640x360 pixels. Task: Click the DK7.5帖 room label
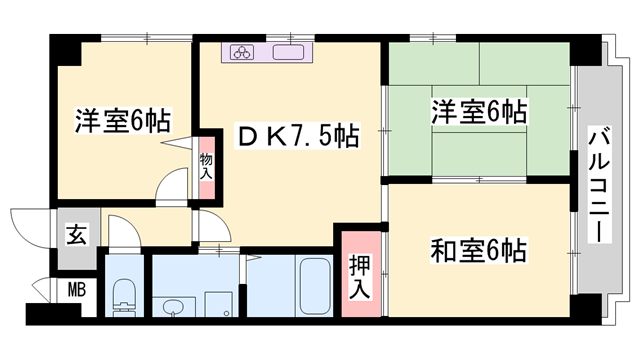coord(298,136)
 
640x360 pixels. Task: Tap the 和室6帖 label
coord(478,250)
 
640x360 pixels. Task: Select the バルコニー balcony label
coord(599,185)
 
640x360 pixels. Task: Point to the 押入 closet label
coord(360,278)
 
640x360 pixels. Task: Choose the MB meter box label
coord(77,290)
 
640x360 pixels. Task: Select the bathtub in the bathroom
coord(315,286)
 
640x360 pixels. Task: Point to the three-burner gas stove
coord(242,52)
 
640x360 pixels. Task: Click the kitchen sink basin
coord(288,52)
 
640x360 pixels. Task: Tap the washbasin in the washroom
coord(173,306)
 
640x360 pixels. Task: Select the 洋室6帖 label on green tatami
coord(479,111)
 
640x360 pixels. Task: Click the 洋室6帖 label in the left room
coord(122,120)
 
